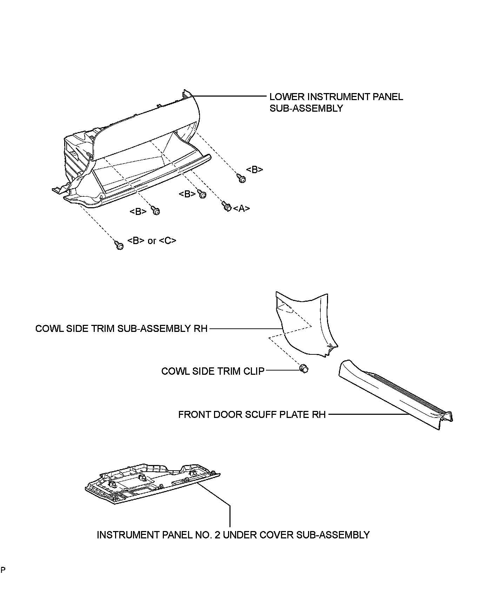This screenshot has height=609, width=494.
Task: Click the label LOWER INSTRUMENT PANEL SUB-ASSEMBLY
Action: pyautogui.click(x=336, y=102)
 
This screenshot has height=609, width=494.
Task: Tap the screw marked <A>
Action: pyautogui.click(x=226, y=207)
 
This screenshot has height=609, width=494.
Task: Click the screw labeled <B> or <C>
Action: pyautogui.click(x=119, y=245)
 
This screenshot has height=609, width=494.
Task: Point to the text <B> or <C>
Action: pyautogui.click(x=152, y=241)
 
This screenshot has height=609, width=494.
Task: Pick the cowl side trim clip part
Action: pyautogui.click(x=304, y=369)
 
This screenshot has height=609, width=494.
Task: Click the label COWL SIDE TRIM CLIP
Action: pyautogui.click(x=213, y=371)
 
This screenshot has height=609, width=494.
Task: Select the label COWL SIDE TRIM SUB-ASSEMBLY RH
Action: pyautogui.click(x=121, y=329)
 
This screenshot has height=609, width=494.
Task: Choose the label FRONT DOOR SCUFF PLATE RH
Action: pyautogui.click(x=252, y=414)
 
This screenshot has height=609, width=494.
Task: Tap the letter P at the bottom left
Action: pyautogui.click(x=3, y=570)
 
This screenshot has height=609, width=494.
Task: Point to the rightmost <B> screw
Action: pyautogui.click(x=242, y=179)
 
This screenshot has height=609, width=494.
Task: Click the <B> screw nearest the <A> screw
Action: pyautogui.click(x=202, y=194)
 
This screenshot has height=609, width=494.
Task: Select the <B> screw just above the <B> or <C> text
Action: pyautogui.click(x=155, y=211)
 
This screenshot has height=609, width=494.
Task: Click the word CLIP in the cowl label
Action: pyautogui.click(x=253, y=371)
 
